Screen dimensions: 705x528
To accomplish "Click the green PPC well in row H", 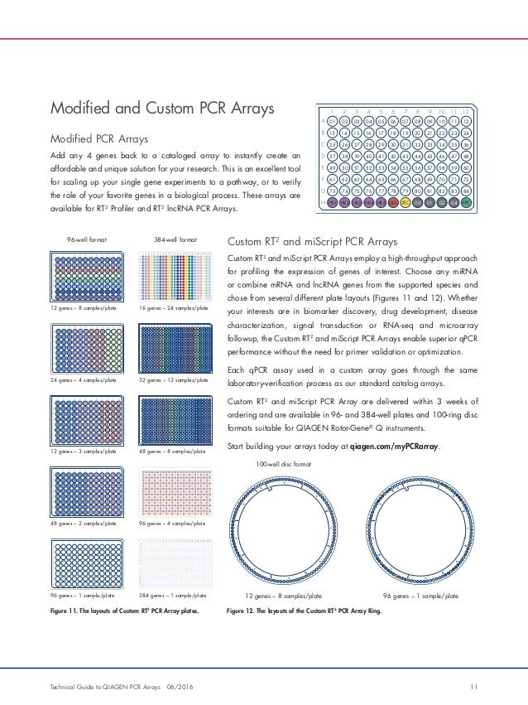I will pos(466,201).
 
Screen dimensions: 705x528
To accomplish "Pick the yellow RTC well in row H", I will pos(406,201).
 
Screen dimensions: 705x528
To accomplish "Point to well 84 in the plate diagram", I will pos(466,190).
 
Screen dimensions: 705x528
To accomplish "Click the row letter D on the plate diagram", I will pos(320,156).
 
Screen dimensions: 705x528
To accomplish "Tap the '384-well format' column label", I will pos(174,239).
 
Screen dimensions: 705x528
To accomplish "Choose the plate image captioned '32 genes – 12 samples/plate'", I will pos(173,350).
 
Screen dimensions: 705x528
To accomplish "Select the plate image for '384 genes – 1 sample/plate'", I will pos(173,564).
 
